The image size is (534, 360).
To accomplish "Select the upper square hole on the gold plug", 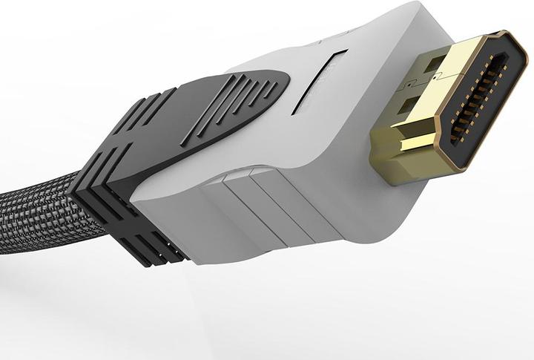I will point(434,63).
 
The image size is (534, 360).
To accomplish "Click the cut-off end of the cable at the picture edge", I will point(4,215).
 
